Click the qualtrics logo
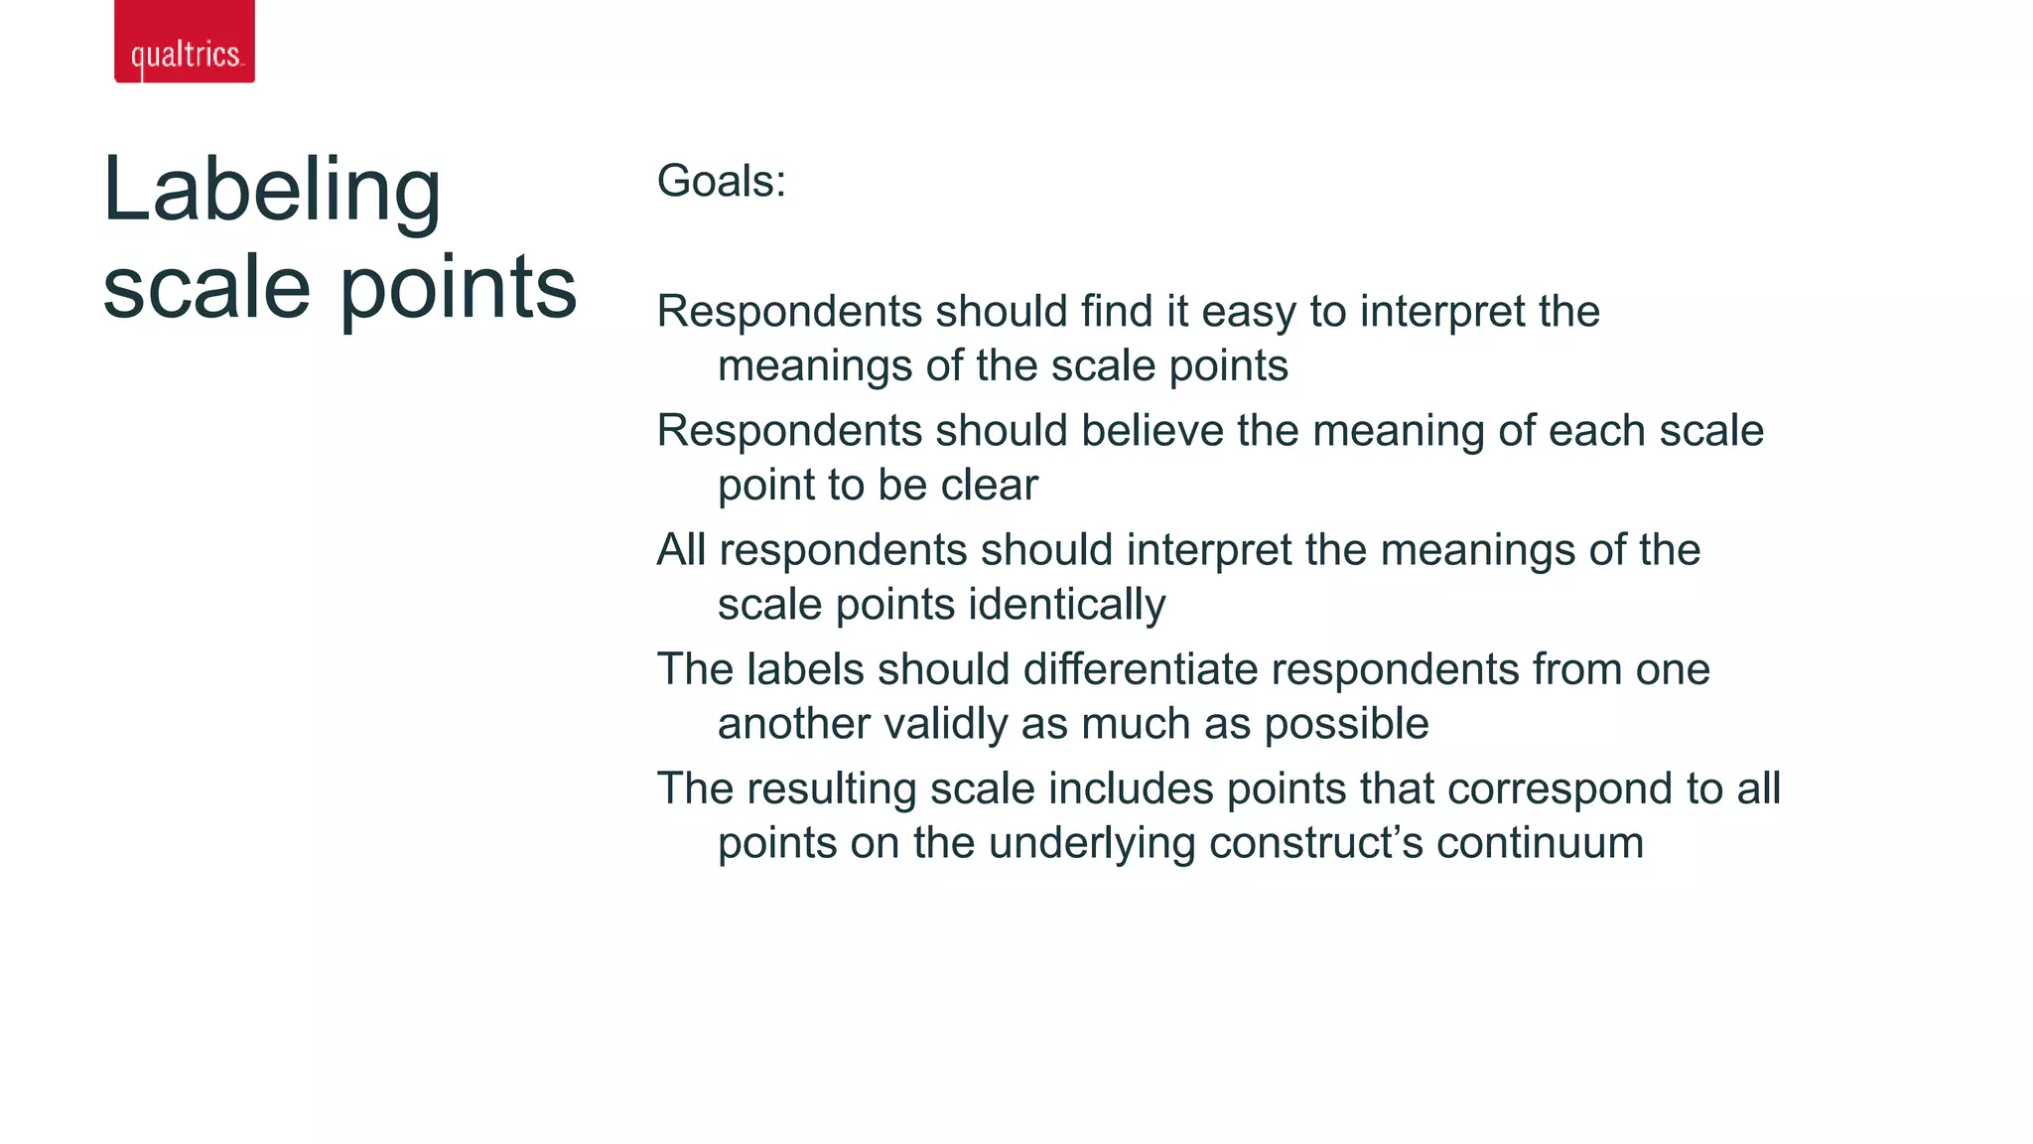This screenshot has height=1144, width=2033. pos(185,42)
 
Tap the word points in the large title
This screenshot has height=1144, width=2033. pos(459,288)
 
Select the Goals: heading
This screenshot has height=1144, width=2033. pos(722,182)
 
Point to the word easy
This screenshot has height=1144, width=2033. pos(1249,312)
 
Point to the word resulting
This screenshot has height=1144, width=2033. pos(832,788)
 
